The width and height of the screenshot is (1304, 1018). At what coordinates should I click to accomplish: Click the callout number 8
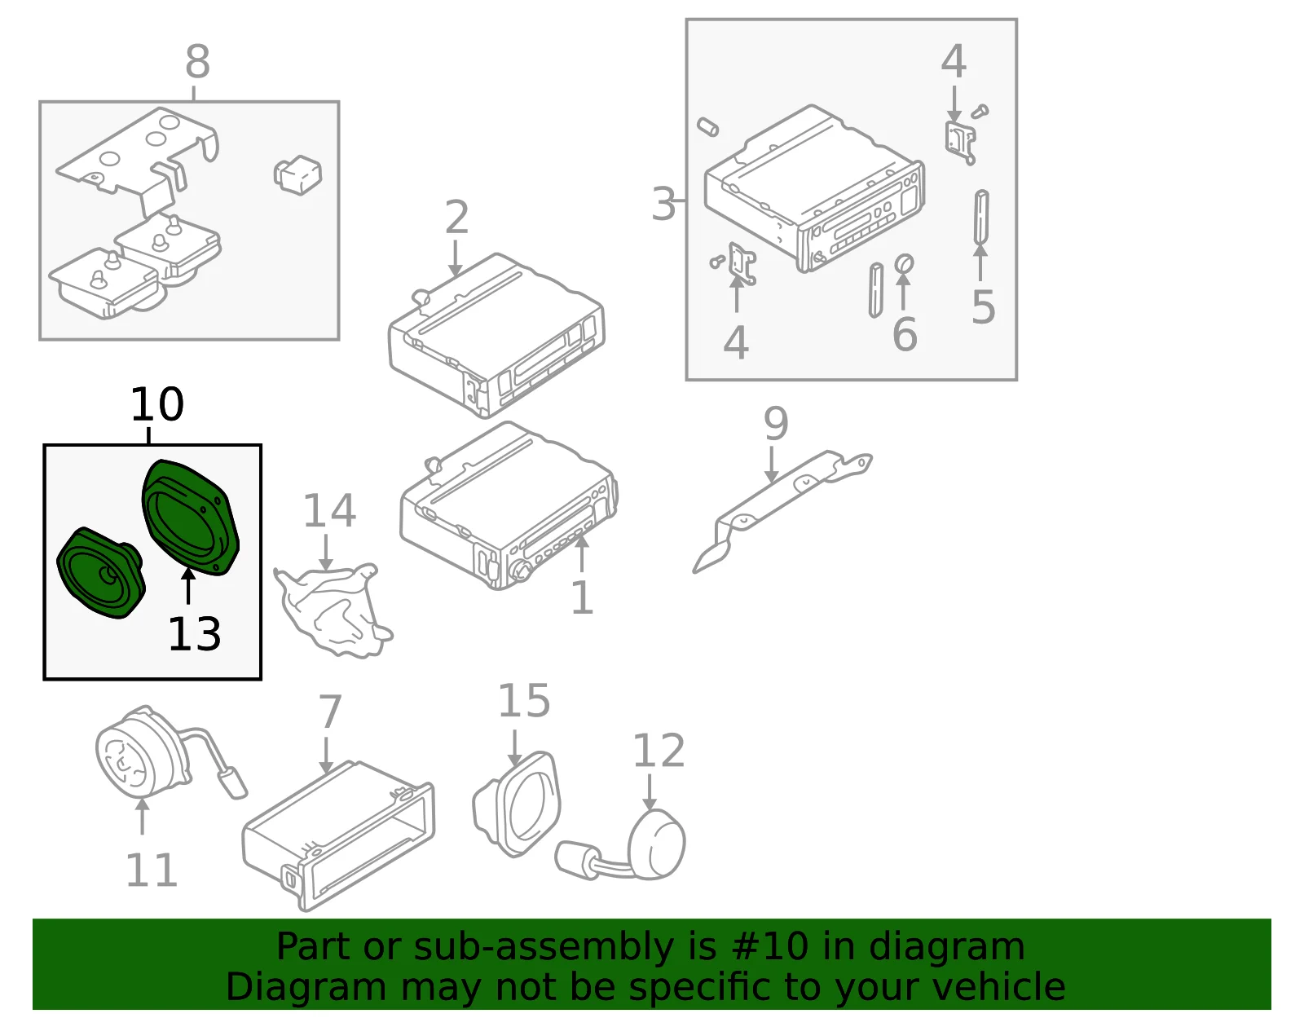coord(197,61)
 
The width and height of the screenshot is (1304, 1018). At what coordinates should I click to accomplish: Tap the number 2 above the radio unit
coord(456,217)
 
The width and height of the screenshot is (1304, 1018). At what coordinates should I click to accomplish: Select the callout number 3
coord(663,204)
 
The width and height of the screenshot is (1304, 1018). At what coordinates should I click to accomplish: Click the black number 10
coord(157,403)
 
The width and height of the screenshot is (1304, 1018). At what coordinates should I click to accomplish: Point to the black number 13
coord(195,634)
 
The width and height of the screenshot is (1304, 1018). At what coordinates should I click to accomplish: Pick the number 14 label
coord(329,511)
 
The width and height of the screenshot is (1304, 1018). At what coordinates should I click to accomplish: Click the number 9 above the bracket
coord(776,424)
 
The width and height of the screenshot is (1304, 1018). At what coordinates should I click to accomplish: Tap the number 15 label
coord(524,701)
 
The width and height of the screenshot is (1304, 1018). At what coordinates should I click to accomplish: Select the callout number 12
coord(659,751)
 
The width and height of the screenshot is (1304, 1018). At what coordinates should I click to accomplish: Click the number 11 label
coord(152,870)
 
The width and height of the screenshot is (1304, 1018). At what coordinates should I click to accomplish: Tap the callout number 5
coord(984,307)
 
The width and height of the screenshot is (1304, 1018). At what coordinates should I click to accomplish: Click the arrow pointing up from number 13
coord(188,586)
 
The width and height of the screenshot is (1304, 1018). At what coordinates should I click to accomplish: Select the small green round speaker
coord(101,573)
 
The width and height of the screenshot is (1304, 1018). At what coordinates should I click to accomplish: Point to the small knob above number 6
coord(904,264)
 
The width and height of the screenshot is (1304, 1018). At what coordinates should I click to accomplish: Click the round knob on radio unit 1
coord(520,571)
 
